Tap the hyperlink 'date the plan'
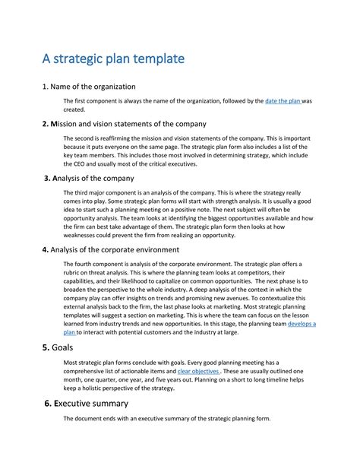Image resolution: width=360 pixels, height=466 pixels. coord(283,100)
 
